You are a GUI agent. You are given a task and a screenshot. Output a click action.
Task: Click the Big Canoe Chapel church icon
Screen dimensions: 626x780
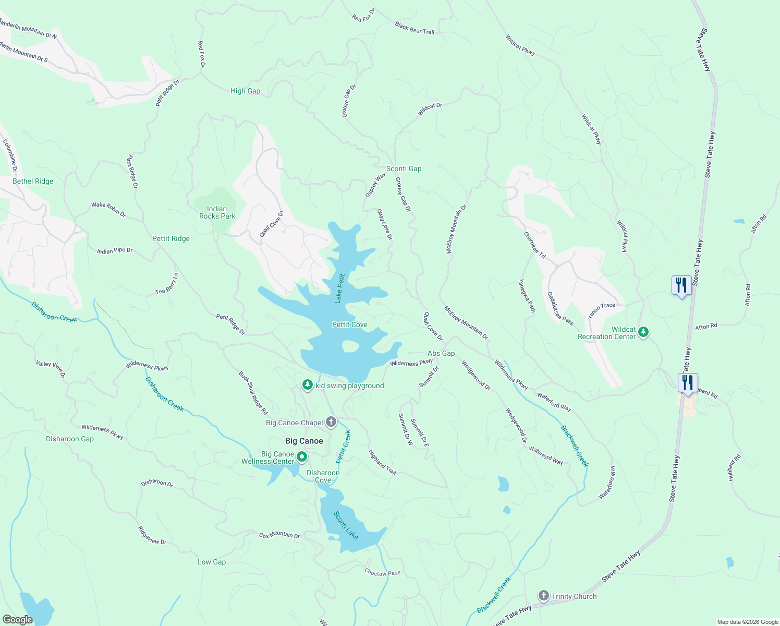[331, 422]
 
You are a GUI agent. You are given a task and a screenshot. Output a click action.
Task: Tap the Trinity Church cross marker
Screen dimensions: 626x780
[543, 596]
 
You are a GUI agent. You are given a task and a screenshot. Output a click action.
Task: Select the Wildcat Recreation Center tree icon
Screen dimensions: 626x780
[643, 332]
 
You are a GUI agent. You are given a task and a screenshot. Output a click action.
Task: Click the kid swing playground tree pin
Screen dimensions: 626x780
[308, 385]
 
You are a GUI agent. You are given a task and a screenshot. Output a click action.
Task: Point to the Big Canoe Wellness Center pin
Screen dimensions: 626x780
[301, 457]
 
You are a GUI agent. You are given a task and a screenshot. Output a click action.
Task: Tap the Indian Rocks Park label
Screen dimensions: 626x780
[217, 212]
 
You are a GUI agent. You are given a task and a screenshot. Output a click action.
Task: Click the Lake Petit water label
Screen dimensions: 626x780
[339, 288]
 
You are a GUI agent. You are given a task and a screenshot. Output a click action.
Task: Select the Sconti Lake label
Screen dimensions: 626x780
[346, 525]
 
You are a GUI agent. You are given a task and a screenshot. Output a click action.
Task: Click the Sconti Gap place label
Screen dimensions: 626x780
[404, 168]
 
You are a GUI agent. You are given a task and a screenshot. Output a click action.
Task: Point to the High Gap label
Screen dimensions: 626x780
[245, 91]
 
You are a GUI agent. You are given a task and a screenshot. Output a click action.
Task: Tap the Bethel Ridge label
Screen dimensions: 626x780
[33, 181]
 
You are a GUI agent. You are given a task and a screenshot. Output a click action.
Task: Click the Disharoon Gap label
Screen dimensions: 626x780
[70, 439]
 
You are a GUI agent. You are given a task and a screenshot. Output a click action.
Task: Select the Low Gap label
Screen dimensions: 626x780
[212, 562]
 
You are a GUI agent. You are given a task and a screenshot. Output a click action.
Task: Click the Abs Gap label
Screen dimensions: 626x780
[441, 353]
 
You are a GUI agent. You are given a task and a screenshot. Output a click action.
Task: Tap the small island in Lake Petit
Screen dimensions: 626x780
[350, 346]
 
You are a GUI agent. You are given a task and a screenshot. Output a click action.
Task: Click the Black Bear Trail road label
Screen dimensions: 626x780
[415, 28]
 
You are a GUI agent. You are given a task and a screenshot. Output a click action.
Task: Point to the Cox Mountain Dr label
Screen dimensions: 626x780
[279, 535]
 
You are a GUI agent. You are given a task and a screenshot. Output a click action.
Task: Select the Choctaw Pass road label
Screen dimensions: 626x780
[382, 573]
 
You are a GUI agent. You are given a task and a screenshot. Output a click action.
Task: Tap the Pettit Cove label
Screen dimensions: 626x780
[350, 324]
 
